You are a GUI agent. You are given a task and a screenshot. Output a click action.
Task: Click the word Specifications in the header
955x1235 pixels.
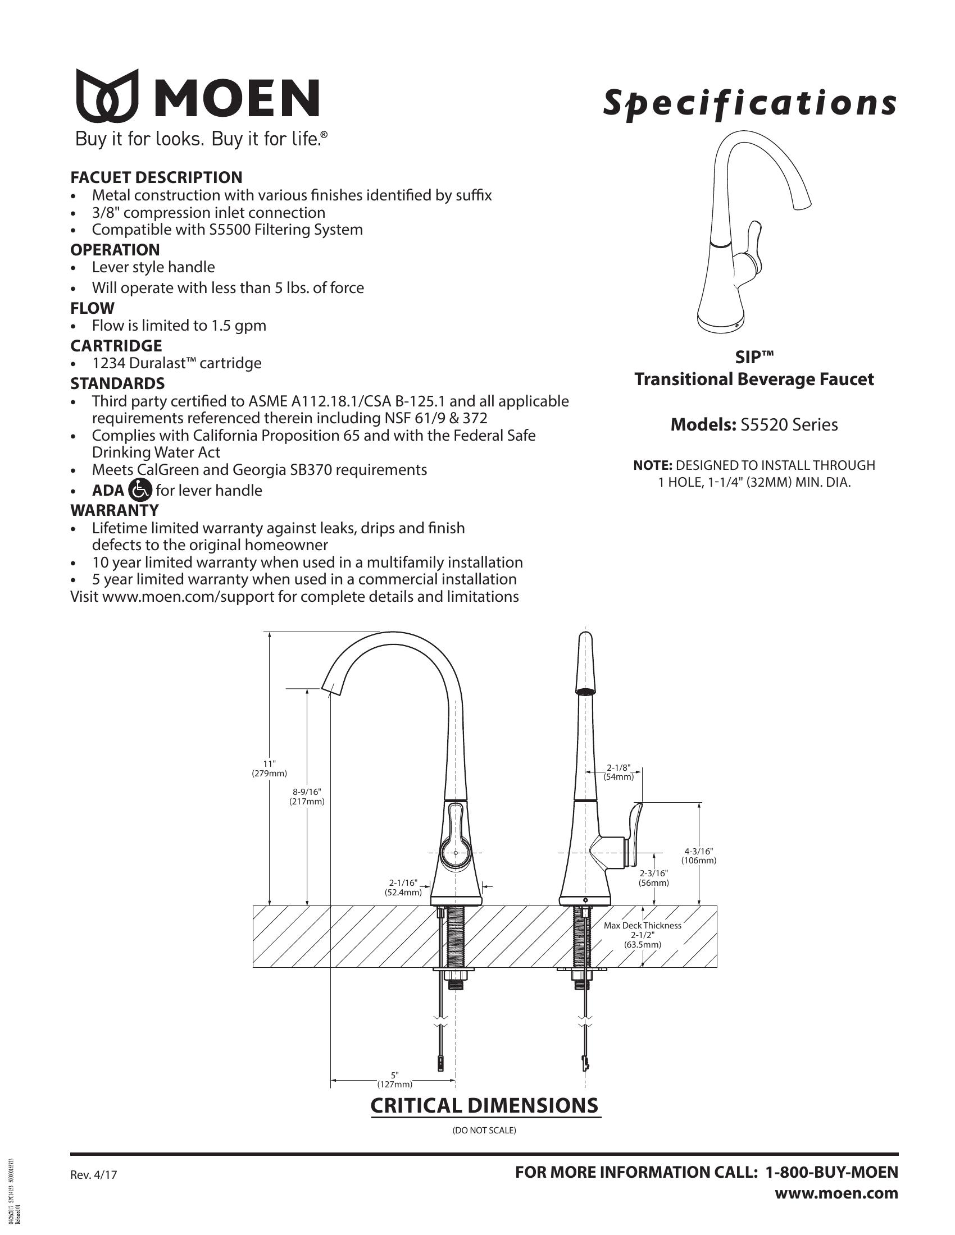tap(749, 103)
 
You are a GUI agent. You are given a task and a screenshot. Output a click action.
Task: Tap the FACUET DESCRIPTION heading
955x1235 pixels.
tap(156, 177)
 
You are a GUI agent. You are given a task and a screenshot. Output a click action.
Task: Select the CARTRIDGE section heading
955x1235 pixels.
tap(116, 345)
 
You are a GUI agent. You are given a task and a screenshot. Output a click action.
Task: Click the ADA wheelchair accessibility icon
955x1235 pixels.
tap(140, 490)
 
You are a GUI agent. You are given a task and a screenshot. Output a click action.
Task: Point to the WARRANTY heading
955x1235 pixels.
tap(114, 510)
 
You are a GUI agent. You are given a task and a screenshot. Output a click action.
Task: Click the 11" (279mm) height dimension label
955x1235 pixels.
tap(269, 769)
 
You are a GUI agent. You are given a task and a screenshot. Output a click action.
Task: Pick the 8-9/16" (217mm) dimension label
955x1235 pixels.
tap(307, 796)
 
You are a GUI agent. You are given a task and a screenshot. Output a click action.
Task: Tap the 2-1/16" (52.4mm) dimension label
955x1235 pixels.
tap(403, 887)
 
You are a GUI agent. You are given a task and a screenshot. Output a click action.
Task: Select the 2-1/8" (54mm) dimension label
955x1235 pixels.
tap(619, 772)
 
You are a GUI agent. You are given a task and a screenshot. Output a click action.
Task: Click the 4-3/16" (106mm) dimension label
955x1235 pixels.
tap(699, 856)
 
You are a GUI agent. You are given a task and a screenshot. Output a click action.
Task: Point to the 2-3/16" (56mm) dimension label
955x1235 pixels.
tap(654, 877)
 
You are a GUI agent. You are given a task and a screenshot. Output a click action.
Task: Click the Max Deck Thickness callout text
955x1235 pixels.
tap(642, 926)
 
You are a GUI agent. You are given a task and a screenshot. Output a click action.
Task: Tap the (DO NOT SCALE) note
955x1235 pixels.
tap(484, 1131)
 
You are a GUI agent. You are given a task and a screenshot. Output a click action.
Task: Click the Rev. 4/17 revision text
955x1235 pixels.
tap(94, 1175)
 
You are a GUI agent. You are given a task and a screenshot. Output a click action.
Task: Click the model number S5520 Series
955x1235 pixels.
tap(789, 425)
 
